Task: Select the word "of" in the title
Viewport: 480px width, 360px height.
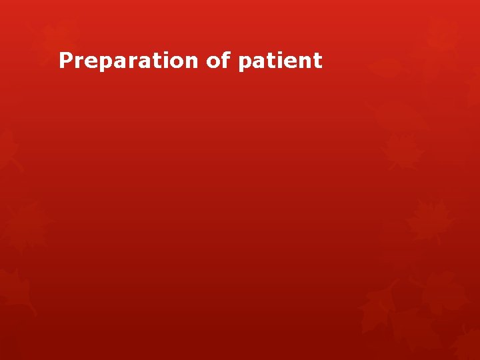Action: tap(217, 61)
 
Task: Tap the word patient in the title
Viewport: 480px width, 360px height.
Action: tap(279, 61)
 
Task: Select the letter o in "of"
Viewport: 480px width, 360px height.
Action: tap(213, 62)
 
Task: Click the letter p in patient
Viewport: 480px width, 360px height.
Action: tap(244, 63)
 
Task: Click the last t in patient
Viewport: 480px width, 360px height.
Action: tap(317, 61)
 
